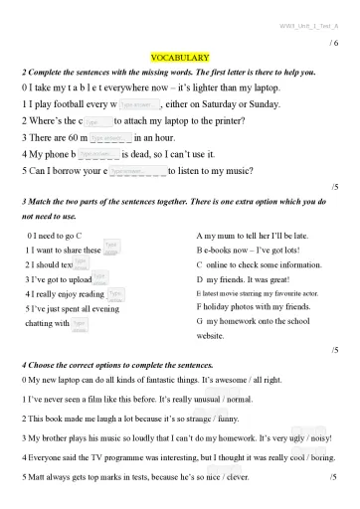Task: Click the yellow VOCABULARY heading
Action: coord(179,60)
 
